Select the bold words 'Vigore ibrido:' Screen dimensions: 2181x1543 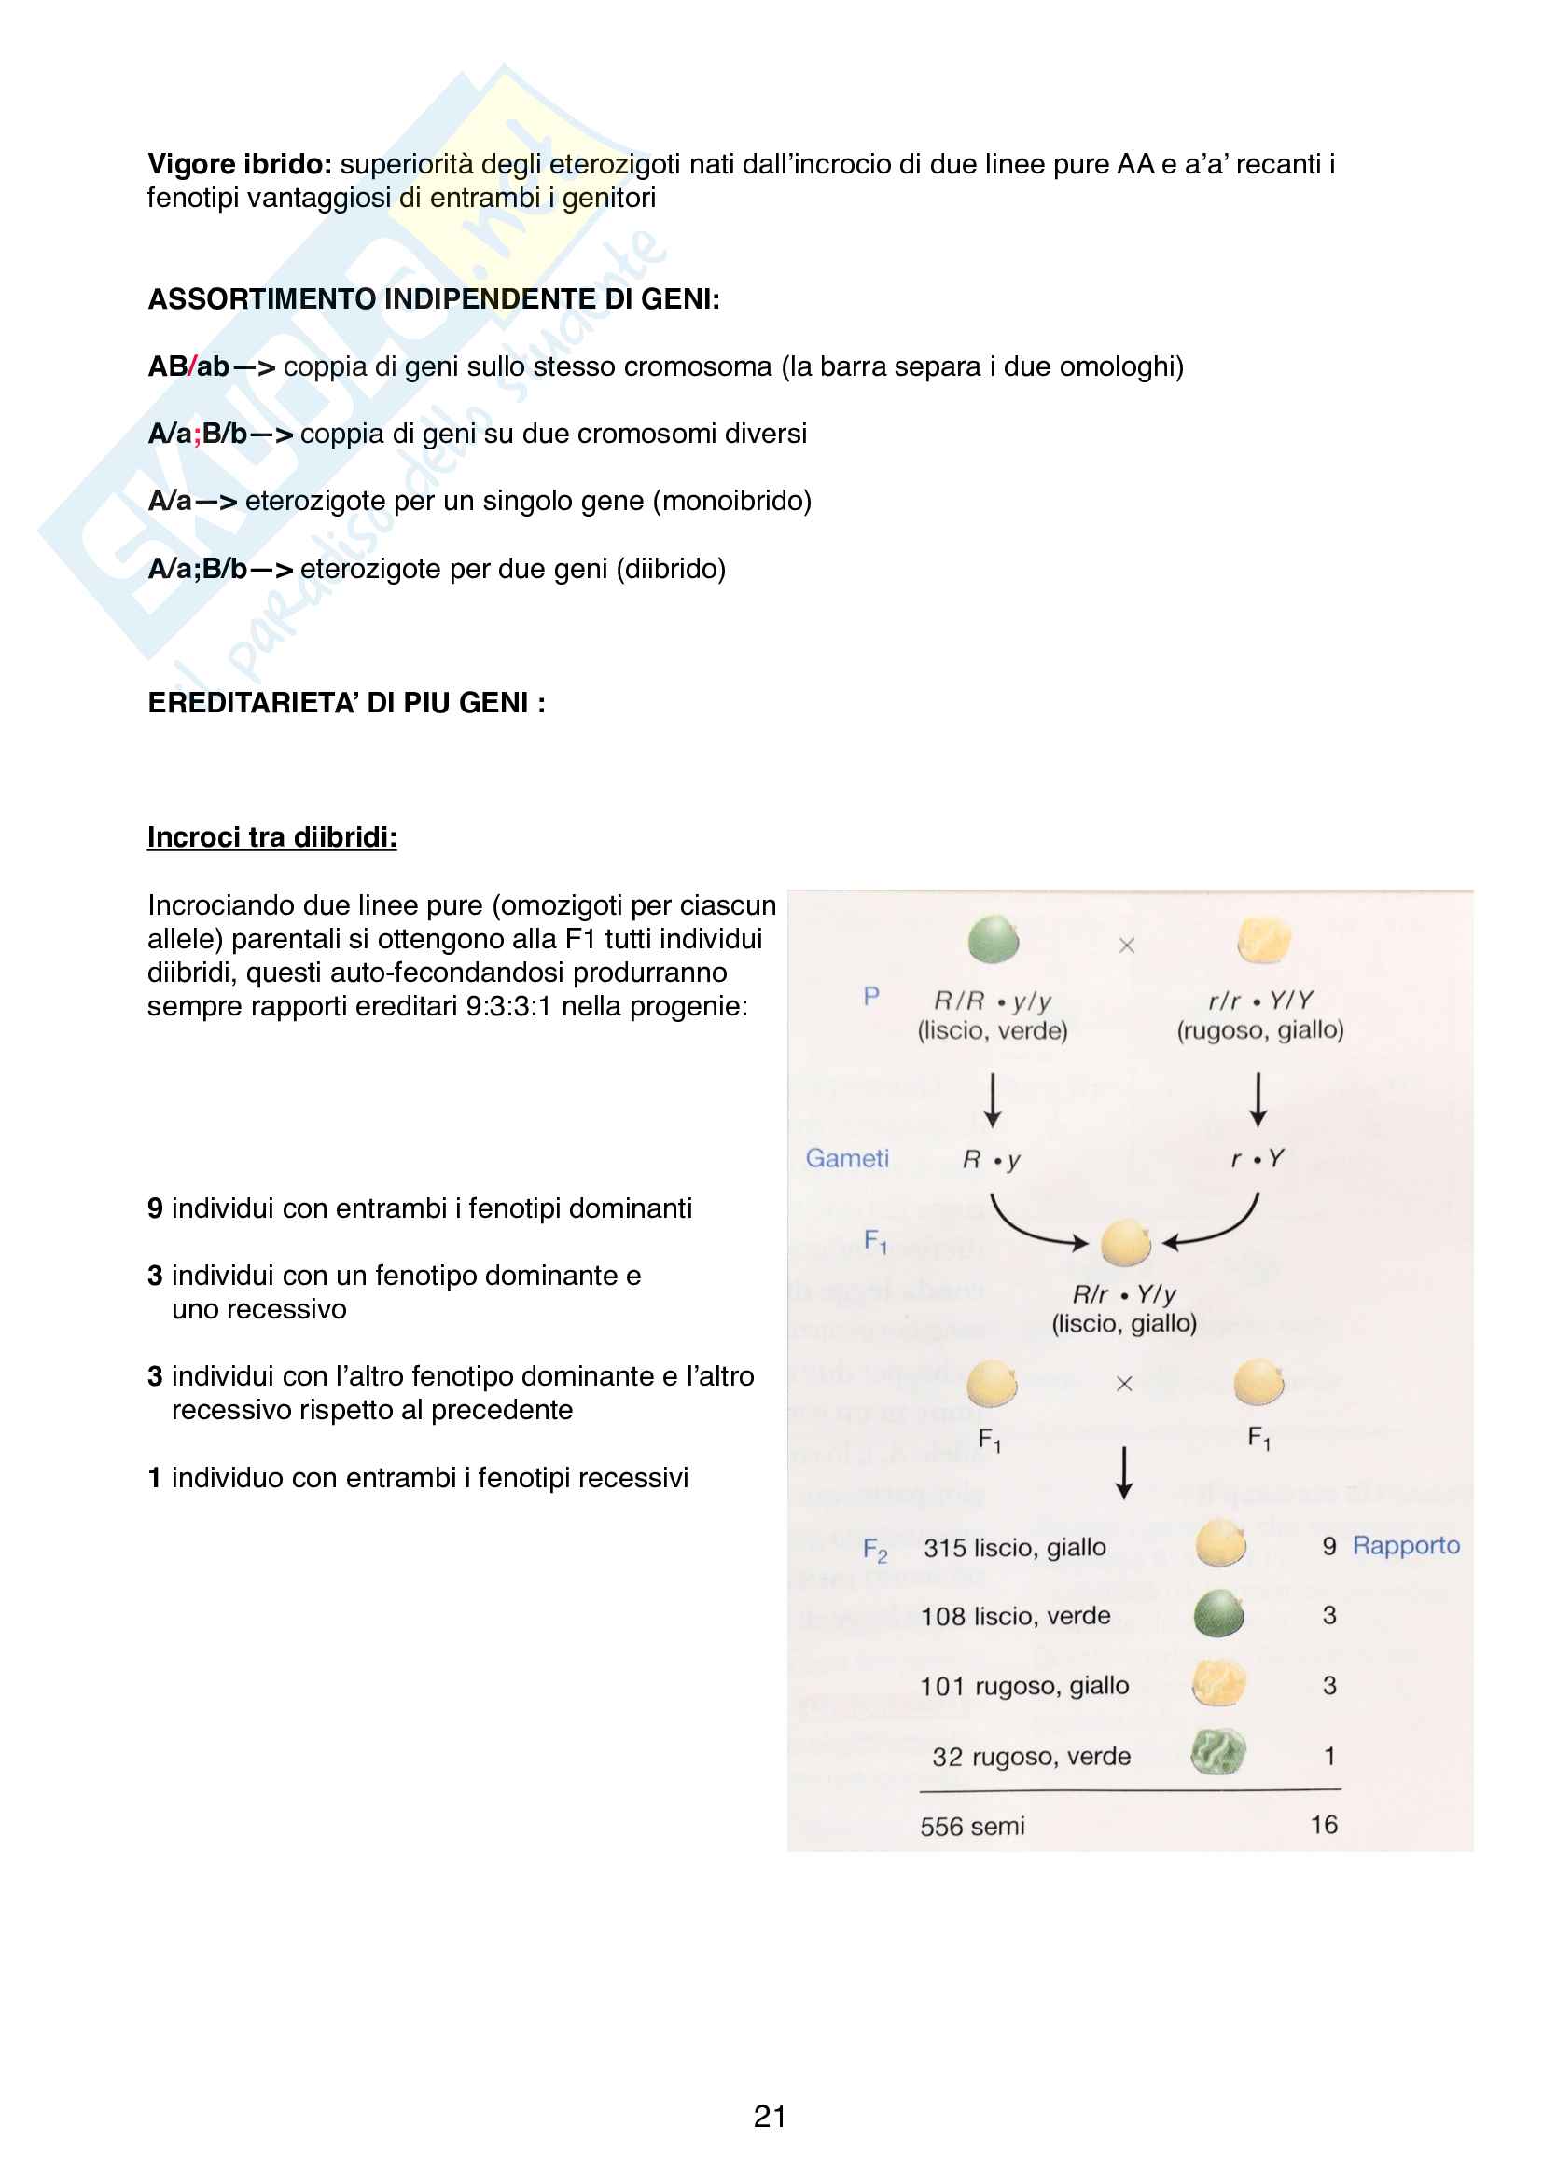click(240, 164)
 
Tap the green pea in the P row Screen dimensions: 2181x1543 click(993, 940)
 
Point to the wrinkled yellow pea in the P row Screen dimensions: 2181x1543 click(1264, 940)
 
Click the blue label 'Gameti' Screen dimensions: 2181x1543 click(846, 1158)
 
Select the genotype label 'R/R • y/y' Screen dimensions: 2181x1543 click(992, 1001)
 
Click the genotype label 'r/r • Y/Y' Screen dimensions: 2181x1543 click(1259, 1001)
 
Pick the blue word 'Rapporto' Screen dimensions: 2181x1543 click(1405, 1545)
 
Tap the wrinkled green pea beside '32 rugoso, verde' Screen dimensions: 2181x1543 click(1218, 1752)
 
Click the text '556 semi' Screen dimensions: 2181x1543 click(972, 1826)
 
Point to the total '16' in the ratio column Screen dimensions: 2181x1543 click(1324, 1824)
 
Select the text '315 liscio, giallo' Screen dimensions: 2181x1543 click(1014, 1548)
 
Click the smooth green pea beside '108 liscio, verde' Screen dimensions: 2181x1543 click(1219, 1614)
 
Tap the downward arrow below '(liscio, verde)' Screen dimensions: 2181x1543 click(993, 1100)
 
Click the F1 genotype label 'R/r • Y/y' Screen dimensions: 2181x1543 click(1124, 1294)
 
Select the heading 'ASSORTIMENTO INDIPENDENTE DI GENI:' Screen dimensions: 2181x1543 click(434, 299)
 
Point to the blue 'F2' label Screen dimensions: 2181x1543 click(875, 1551)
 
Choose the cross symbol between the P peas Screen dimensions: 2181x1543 click(1127, 946)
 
